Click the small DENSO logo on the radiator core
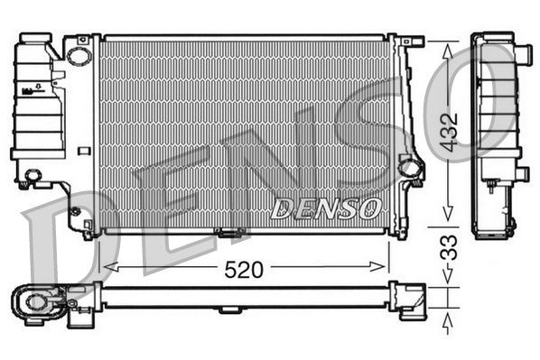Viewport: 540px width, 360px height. pyautogui.click(x=325, y=208)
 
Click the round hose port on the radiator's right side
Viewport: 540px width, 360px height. pyautogui.click(x=409, y=167)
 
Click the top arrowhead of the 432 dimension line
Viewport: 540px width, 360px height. pyautogui.click(x=444, y=45)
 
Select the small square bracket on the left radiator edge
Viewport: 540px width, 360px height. pyautogui.click(x=84, y=151)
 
